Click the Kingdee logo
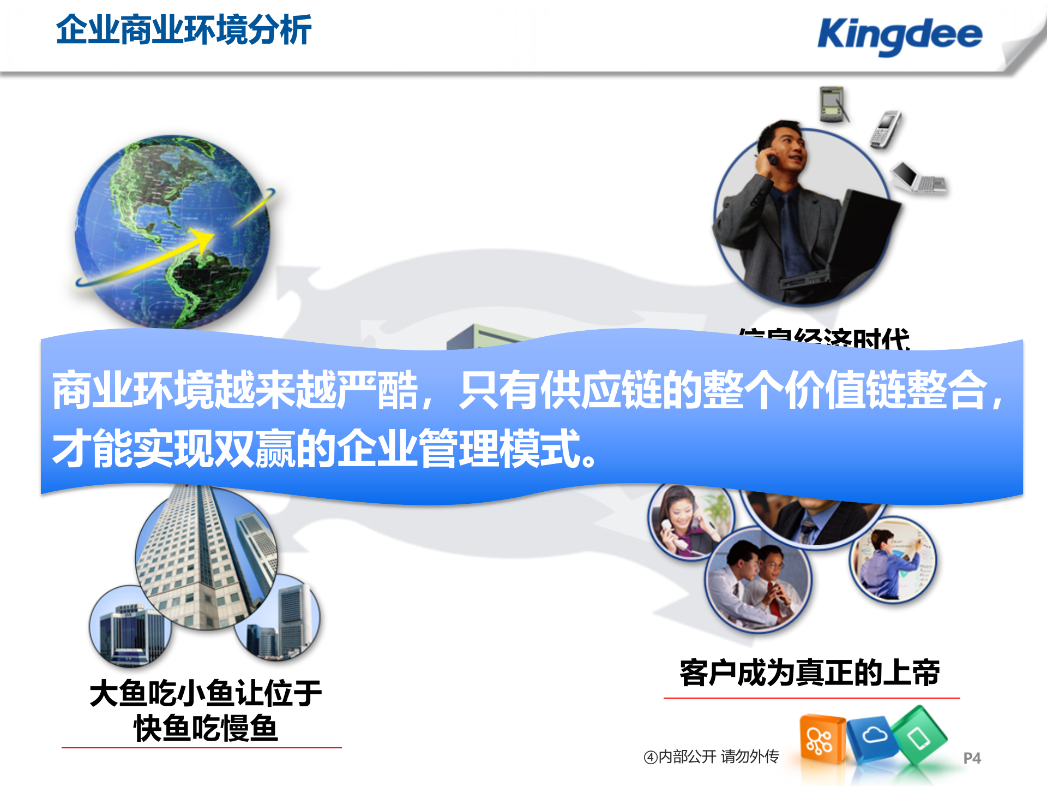tap(900, 35)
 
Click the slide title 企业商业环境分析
tap(184, 30)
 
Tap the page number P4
tap(972, 758)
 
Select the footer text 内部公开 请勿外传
tap(712, 757)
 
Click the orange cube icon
tap(820, 740)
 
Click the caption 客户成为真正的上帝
tap(810, 673)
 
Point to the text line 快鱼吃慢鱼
tap(206, 729)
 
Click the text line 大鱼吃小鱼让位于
tap(206, 694)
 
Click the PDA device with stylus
tap(833, 104)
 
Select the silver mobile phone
tap(885, 129)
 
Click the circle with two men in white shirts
tap(758, 581)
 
